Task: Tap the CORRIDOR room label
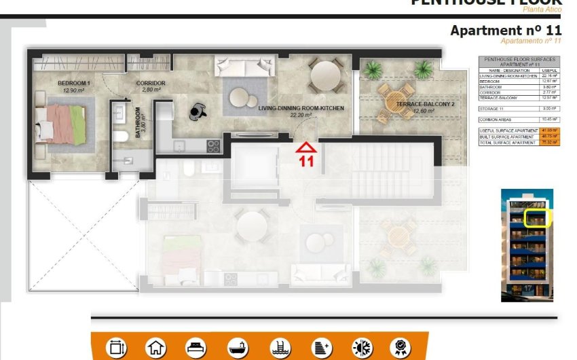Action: (x=151, y=84)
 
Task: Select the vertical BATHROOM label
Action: (x=137, y=122)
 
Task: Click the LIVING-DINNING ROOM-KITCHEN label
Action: (x=301, y=108)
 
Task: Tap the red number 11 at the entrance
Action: (x=307, y=162)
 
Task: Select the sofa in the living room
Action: (x=244, y=67)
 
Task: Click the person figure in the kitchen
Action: (x=198, y=110)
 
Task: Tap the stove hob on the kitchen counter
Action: (x=212, y=145)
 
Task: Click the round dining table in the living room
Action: (x=327, y=73)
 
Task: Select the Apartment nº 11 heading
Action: (x=506, y=31)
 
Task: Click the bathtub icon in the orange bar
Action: (x=238, y=348)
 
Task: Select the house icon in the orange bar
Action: (x=156, y=348)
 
